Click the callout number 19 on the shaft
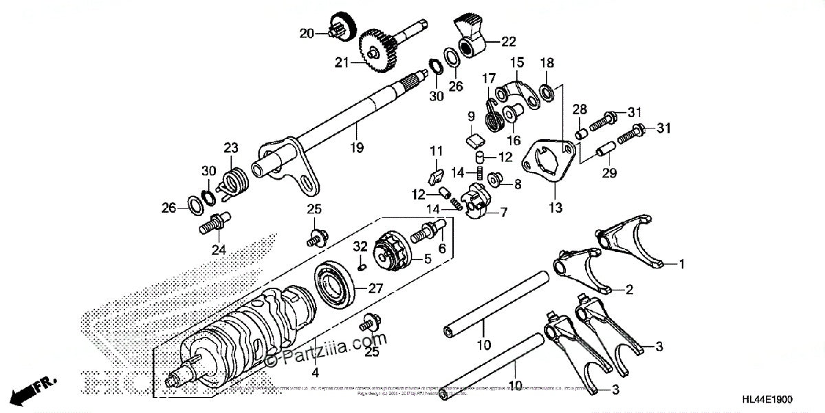point(357,147)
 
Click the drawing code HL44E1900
point(780,399)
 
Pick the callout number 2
point(629,290)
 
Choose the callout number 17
point(488,78)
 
